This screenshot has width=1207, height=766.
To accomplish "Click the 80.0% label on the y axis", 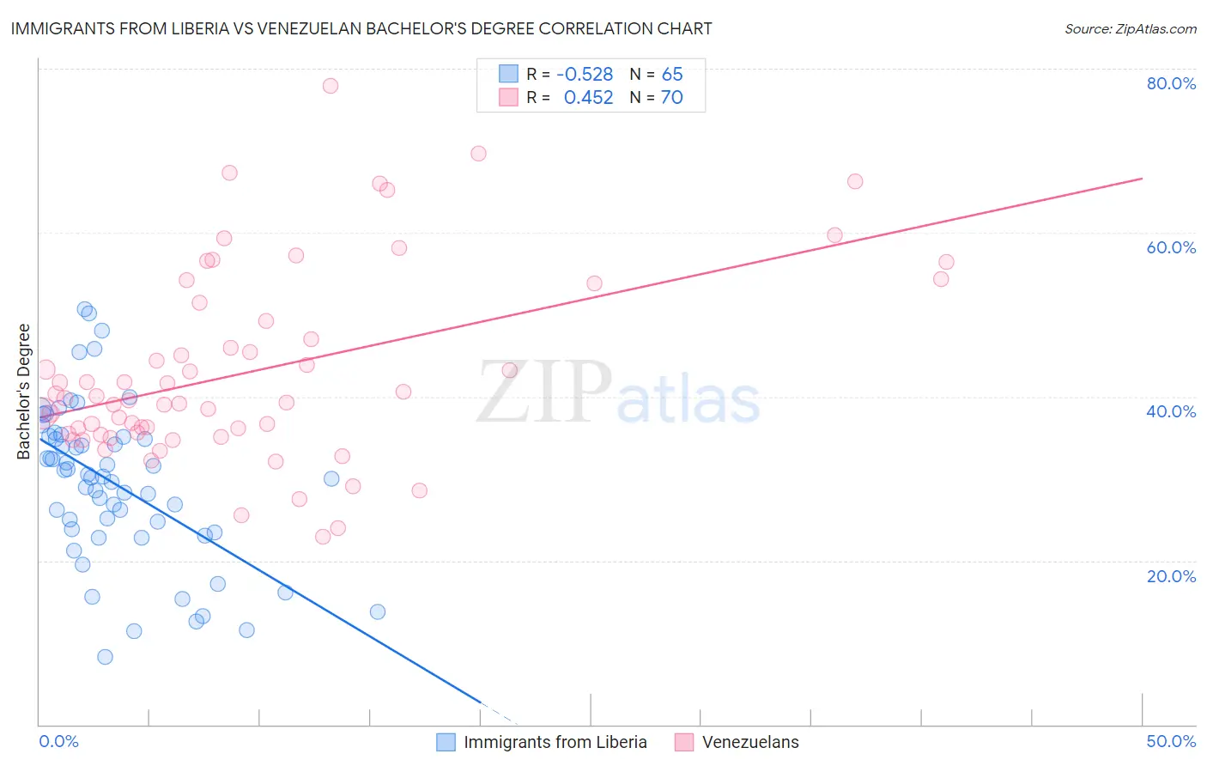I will tap(1171, 83).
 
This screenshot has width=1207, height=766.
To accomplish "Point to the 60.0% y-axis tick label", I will tap(1171, 247).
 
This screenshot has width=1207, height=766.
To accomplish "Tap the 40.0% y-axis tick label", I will tap(1171, 411).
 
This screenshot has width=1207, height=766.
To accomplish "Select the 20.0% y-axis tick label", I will tap(1171, 576).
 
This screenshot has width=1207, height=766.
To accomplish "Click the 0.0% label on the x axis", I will tap(58, 741).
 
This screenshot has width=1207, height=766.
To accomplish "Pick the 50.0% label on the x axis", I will tap(1171, 741).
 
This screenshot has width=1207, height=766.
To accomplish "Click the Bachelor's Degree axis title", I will tap(24, 392).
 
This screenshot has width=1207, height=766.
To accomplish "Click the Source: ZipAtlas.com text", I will tap(1130, 28).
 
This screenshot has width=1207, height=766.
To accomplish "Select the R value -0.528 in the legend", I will tap(585, 75).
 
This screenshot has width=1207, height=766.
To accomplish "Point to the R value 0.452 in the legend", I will tap(588, 98).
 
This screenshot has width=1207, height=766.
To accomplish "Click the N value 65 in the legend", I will tap(672, 75).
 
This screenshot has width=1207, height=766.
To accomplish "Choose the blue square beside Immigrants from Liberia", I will tap(446, 742).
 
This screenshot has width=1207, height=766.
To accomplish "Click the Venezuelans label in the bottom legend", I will tap(750, 742).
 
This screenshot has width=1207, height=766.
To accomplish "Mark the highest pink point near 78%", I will tap(331, 86).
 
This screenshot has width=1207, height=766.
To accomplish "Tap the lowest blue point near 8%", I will tap(105, 657).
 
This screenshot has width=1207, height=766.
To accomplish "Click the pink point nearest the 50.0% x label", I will tap(946, 262).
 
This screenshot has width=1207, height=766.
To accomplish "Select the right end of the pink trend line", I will tap(1142, 179).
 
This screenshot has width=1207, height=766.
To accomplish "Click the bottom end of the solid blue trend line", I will tap(480, 703).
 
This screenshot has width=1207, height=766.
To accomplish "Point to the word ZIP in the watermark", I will tap(544, 393).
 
